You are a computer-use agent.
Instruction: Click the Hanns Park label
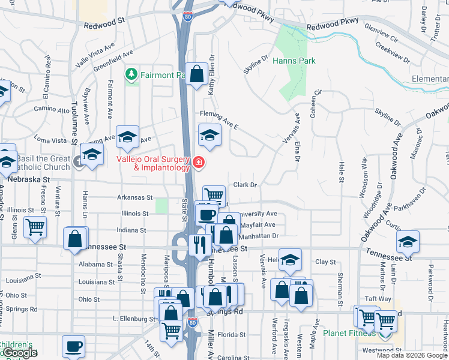(294, 61)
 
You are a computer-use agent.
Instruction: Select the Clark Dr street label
(245, 185)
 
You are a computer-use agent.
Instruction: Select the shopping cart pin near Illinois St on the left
(35, 227)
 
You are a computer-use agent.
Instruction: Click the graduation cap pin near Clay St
(290, 259)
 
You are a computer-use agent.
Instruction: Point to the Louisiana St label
(97, 281)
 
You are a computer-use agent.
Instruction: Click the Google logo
(20, 353)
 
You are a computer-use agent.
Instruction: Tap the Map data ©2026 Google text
(412, 355)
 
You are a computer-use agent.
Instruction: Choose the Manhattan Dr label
(260, 236)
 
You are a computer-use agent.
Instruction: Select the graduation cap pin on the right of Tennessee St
(408, 241)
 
